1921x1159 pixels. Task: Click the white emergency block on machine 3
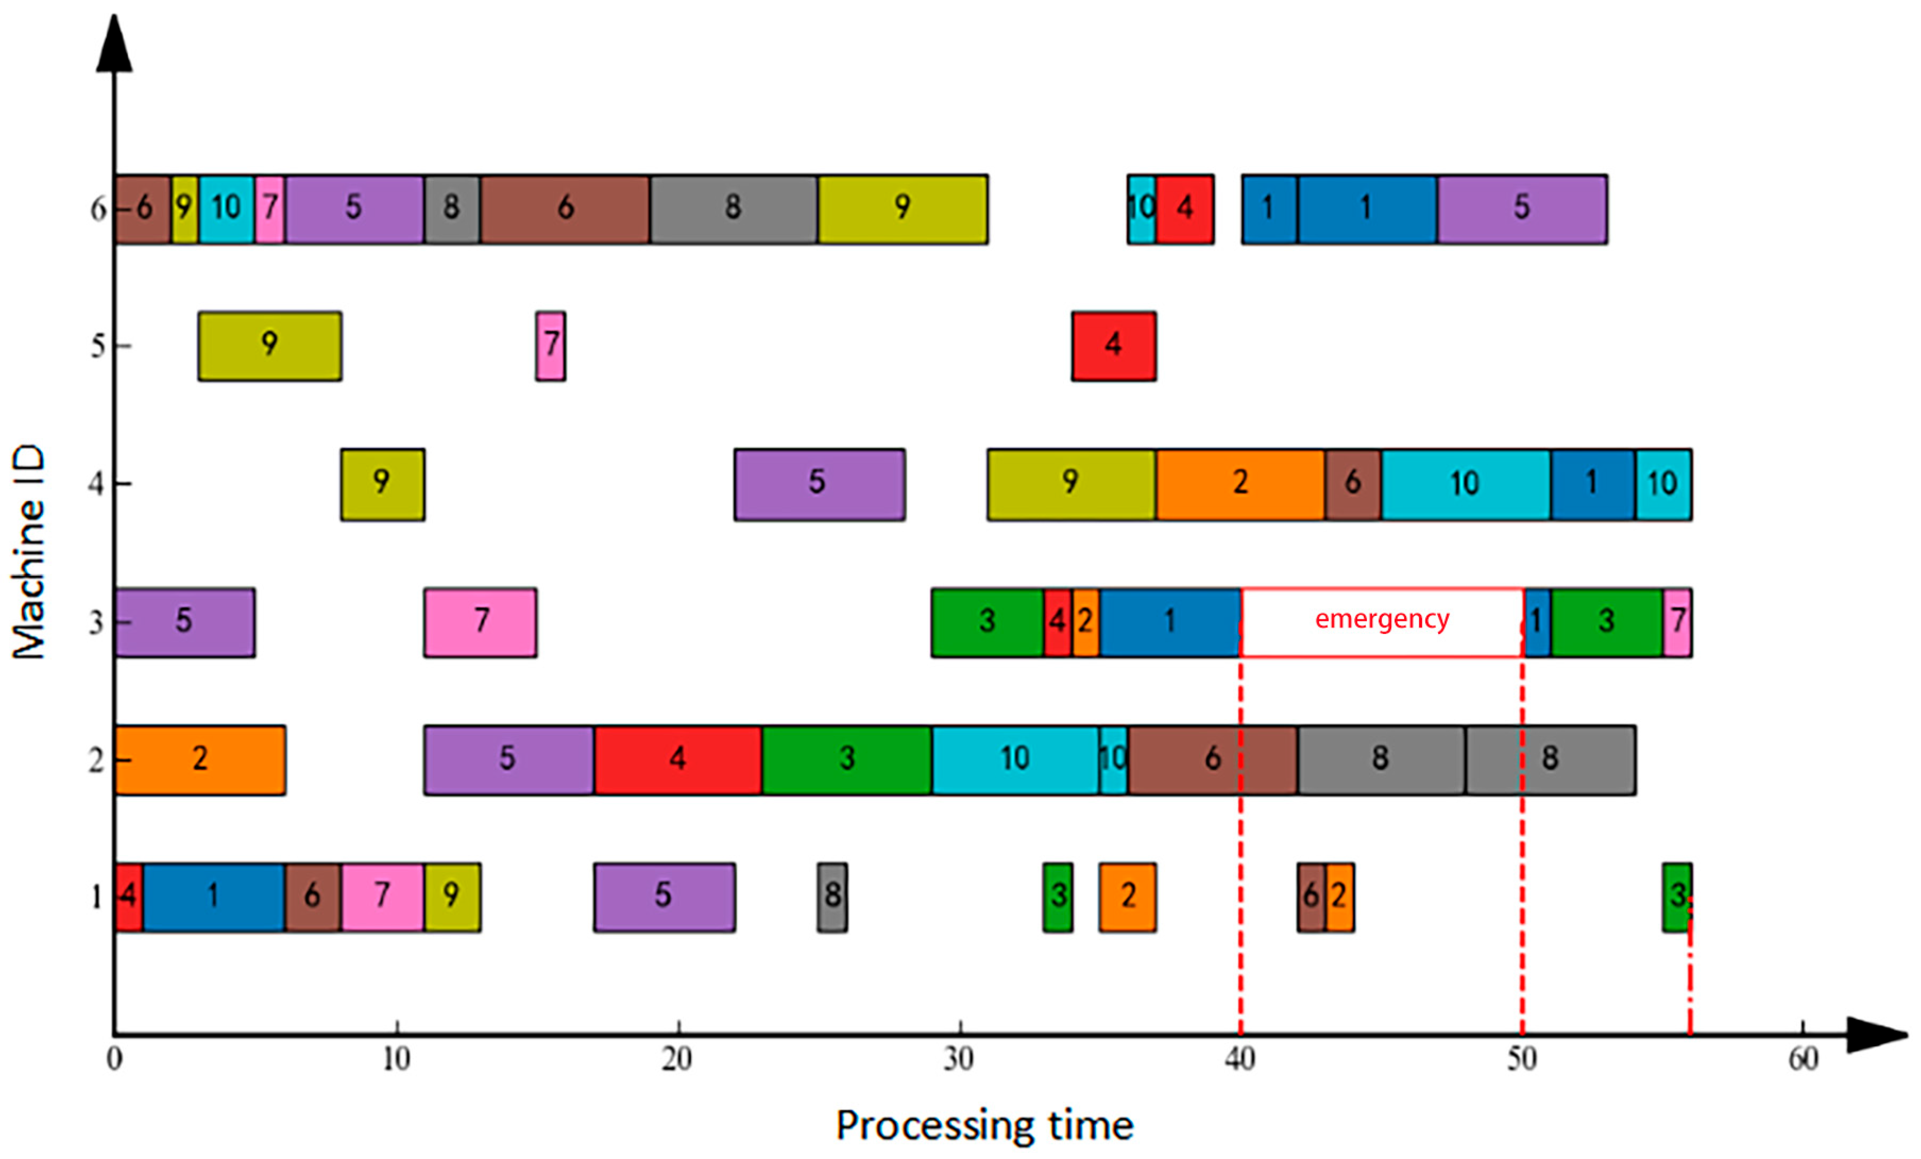click(1382, 622)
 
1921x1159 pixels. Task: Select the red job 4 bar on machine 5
click(1113, 346)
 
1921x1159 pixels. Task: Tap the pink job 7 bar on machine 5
click(551, 346)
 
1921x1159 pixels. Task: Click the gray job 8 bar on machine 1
click(832, 897)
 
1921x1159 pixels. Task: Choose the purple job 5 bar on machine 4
click(819, 484)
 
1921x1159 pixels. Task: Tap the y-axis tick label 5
click(97, 346)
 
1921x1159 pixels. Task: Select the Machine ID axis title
click(30, 551)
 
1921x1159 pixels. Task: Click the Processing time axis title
click(984, 1125)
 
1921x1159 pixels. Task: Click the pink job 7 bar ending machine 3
click(1677, 622)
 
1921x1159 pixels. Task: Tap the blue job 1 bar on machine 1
click(213, 897)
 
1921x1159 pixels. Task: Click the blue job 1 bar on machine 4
click(1592, 484)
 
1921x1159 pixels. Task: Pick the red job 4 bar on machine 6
click(1185, 209)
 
